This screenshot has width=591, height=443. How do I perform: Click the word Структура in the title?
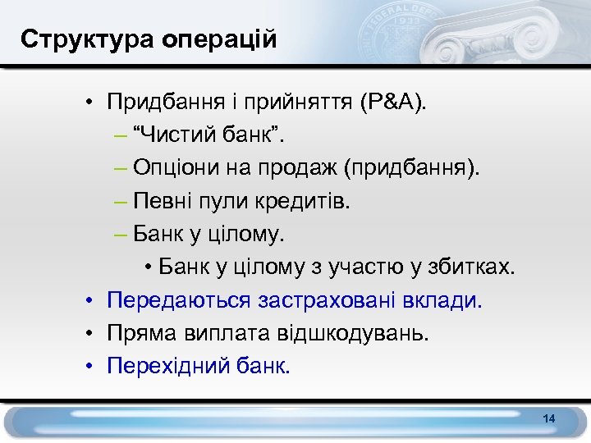(x=71, y=39)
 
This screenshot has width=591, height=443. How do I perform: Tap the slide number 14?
(x=549, y=419)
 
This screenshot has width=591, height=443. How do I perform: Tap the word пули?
(x=227, y=202)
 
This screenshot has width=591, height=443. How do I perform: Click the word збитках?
(x=475, y=267)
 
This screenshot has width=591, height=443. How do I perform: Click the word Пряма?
(x=135, y=333)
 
